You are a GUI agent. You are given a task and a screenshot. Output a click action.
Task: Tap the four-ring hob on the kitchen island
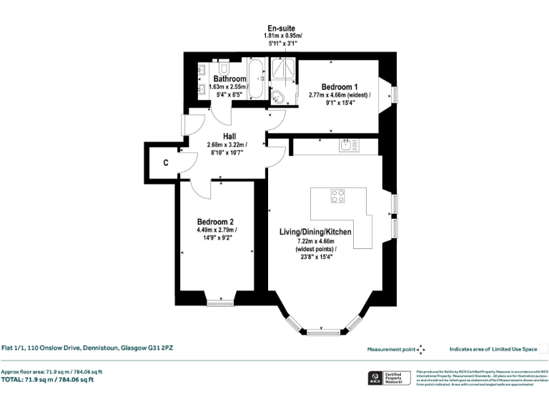(x=337, y=196)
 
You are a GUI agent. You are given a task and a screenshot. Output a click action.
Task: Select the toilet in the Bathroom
(x=224, y=69)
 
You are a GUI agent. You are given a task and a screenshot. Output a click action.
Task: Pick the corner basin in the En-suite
(x=278, y=97)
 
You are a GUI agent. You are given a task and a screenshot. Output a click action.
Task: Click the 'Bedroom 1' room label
(x=340, y=87)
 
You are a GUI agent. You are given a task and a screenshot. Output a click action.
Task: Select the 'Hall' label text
(x=229, y=136)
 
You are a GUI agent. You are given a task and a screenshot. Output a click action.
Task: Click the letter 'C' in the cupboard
(x=165, y=163)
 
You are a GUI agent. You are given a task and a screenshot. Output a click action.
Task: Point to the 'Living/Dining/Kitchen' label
(x=315, y=232)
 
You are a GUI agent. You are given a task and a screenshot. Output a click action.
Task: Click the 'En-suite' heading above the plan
(x=281, y=28)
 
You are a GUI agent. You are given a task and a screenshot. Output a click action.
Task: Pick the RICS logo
(x=373, y=378)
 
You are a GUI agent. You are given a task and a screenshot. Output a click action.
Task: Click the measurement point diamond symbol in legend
(x=421, y=349)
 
